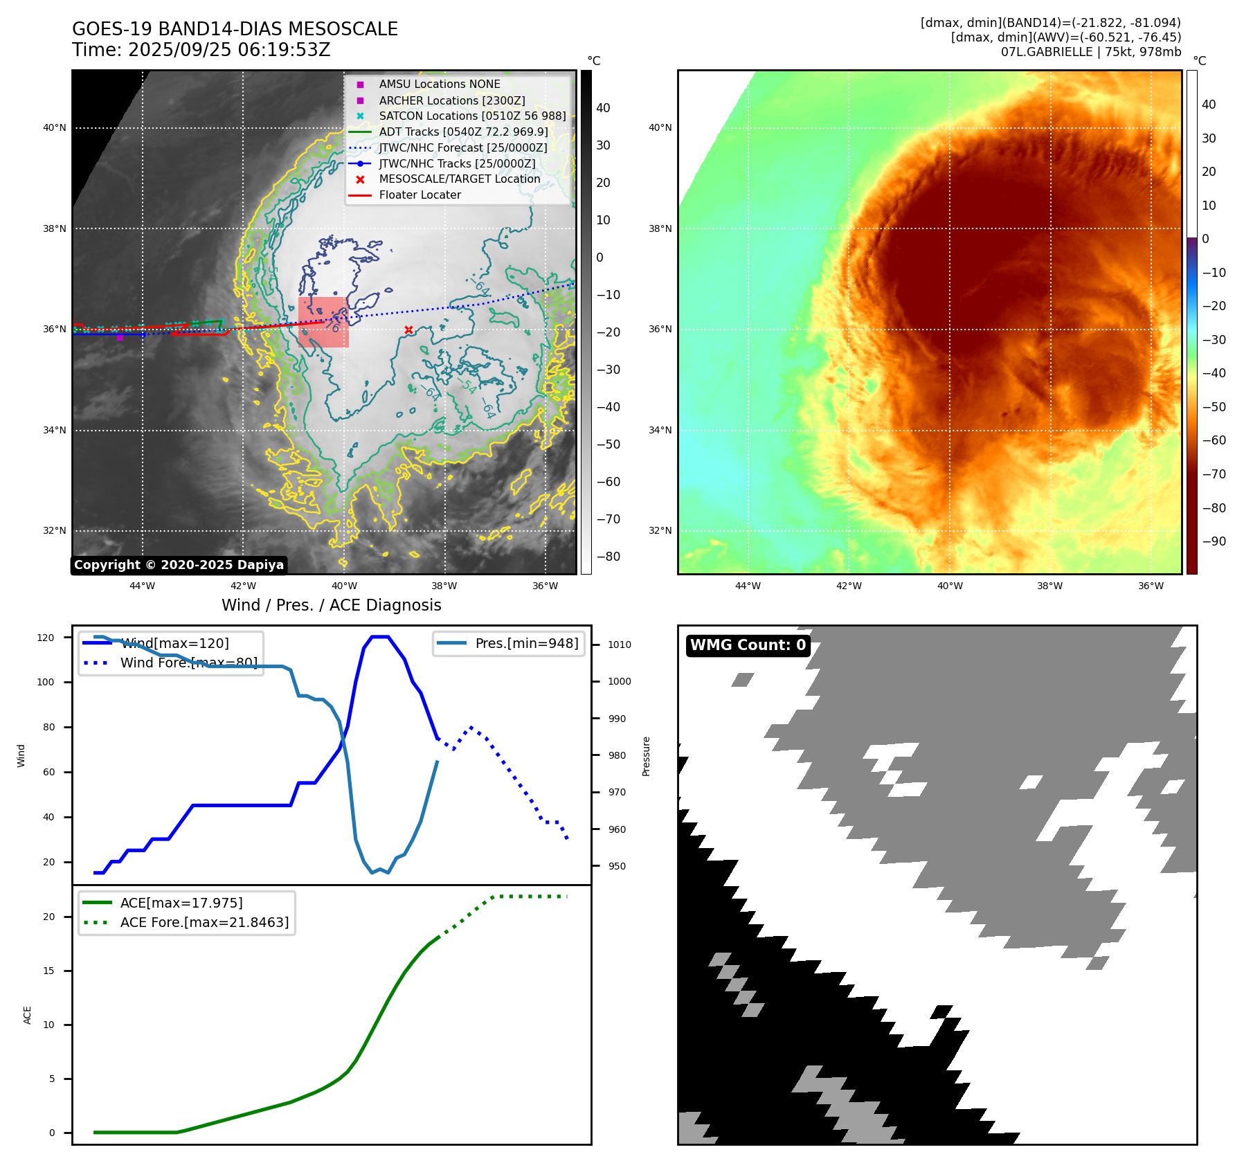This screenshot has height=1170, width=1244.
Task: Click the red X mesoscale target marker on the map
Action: click(x=408, y=330)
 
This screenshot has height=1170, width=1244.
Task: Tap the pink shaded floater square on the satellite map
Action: click(x=323, y=322)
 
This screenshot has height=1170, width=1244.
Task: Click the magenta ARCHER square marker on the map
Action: click(x=120, y=337)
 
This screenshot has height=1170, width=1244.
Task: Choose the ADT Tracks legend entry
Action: click(x=463, y=132)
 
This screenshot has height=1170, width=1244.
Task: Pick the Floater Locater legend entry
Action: click(x=420, y=195)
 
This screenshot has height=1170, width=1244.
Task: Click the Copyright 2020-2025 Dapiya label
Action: click(x=179, y=565)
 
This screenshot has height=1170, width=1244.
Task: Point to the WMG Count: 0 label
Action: click(x=748, y=645)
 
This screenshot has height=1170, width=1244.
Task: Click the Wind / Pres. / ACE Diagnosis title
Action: click(x=331, y=605)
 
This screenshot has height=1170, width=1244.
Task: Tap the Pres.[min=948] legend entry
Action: click(x=526, y=643)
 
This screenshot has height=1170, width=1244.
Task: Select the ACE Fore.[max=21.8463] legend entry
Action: click(x=204, y=922)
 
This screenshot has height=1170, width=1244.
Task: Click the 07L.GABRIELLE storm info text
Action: click(x=1090, y=52)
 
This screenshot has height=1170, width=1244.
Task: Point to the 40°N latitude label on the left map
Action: click(x=55, y=127)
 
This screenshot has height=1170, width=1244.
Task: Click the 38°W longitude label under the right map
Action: click(x=1049, y=586)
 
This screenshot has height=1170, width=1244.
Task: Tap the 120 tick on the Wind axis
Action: click(x=46, y=638)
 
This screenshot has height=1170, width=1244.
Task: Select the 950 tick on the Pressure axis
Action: click(x=617, y=866)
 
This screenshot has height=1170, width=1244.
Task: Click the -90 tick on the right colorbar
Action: click(x=1214, y=541)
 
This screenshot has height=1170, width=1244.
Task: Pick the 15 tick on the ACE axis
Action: click(x=48, y=971)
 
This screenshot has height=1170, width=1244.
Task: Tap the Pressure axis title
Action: click(x=646, y=756)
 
